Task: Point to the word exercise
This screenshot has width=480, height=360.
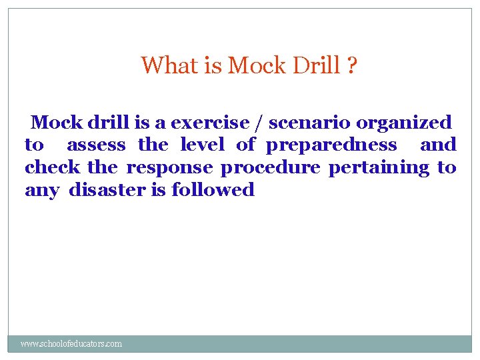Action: pos(213,123)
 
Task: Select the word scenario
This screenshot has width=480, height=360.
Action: pos(310,123)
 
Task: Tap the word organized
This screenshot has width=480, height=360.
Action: pos(404,123)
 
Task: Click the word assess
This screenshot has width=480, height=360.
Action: pos(96,145)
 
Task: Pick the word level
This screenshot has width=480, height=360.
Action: pos(202,145)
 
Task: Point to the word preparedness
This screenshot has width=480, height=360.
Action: pos(331,145)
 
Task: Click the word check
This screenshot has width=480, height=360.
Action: pos(52,167)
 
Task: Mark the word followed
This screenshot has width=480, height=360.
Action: pos(213,190)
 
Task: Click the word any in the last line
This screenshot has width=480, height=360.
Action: pos(41,191)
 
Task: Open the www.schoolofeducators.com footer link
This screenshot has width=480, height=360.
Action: pos(71,344)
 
